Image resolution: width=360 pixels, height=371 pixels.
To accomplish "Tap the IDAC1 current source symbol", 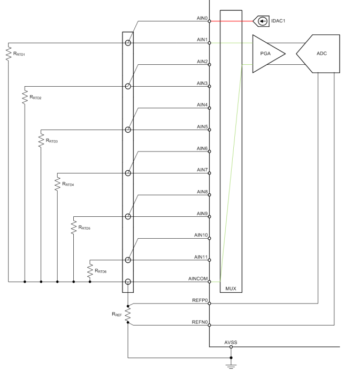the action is point(261,21).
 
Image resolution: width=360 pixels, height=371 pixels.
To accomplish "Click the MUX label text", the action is point(231,289).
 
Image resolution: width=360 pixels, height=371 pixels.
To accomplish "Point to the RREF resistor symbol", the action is point(128,314).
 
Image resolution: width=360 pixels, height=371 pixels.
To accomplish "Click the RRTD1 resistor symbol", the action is point(9,54).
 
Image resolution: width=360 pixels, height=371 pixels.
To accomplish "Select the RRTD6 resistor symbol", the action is point(90,271).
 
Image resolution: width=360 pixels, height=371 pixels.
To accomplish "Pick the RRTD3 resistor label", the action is point(52,141).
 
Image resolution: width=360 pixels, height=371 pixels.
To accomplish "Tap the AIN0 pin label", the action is point(202,18).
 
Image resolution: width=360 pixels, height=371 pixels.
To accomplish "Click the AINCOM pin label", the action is point(198,279).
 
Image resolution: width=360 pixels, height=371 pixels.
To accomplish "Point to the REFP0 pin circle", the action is point(209,304).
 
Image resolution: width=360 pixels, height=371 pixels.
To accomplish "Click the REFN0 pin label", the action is point(200,322).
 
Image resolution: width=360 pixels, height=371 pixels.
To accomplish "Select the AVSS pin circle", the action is point(231,347).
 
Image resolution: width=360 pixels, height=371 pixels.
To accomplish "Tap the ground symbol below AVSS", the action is point(231,366).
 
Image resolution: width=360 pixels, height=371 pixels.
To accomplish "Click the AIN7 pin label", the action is point(202,170).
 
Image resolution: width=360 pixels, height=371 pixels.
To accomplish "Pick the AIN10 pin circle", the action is point(209,238).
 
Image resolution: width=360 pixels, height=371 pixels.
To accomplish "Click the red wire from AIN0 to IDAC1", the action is point(232,21).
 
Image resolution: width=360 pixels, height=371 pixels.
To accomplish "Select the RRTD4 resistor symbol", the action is point(57,184).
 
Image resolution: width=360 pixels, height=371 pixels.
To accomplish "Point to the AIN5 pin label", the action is point(202,127).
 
